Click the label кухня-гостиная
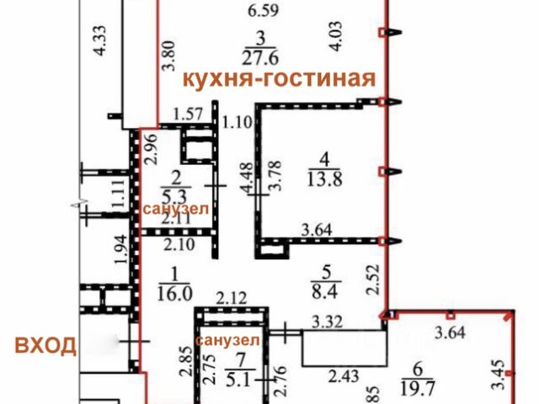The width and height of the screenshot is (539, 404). (279, 79)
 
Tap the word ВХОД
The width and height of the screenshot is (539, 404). (45, 344)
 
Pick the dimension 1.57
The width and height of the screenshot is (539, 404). (189, 114)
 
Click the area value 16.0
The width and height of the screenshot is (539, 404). (175, 292)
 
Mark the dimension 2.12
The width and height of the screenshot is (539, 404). (232, 296)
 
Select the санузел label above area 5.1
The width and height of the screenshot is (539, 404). (228, 340)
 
